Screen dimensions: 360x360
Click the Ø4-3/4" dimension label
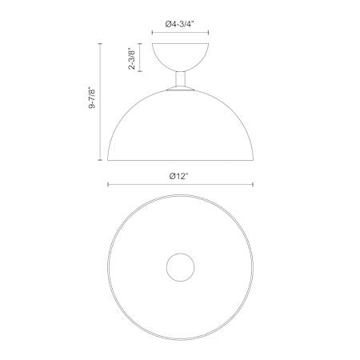tap(180, 24)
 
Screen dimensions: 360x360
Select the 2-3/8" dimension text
tap(132, 58)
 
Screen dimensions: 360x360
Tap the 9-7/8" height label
tap(92, 98)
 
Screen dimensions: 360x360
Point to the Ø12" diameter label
tap(179, 176)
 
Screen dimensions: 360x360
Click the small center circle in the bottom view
tap(180, 267)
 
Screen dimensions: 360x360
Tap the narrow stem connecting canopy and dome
tap(180, 79)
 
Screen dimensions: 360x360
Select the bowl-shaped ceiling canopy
tap(180, 57)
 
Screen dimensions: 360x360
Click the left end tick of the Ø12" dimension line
tap(108, 184)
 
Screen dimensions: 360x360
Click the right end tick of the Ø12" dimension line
tap(253, 184)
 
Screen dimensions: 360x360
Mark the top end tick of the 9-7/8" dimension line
tap(100, 43)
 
